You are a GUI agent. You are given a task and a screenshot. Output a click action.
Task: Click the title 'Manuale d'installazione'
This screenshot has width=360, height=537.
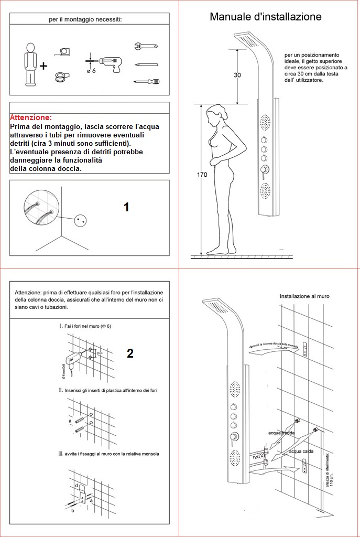point(266,17)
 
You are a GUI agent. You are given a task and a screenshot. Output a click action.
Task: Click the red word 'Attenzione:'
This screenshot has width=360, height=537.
point(31,118)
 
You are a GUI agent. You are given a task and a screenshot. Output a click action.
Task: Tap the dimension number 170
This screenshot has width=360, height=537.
point(202,175)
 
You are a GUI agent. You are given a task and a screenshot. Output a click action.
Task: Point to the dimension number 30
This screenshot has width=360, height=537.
point(237,75)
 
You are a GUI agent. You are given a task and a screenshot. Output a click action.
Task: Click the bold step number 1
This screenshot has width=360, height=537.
point(126,207)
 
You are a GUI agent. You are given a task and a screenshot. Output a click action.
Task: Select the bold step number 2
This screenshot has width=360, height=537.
point(130,353)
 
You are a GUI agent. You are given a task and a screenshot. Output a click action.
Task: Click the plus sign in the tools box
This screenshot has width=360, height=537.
point(43,66)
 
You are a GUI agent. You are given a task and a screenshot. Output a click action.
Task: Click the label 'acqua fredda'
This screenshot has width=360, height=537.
point(281,433)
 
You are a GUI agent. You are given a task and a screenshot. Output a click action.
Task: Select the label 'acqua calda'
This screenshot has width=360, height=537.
point(301,451)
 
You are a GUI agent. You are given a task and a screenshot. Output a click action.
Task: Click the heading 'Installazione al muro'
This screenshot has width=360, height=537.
point(304,296)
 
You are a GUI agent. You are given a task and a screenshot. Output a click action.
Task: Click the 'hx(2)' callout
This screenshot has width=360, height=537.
point(257,457)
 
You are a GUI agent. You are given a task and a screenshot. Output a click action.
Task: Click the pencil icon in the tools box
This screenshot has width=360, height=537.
point(146,65)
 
